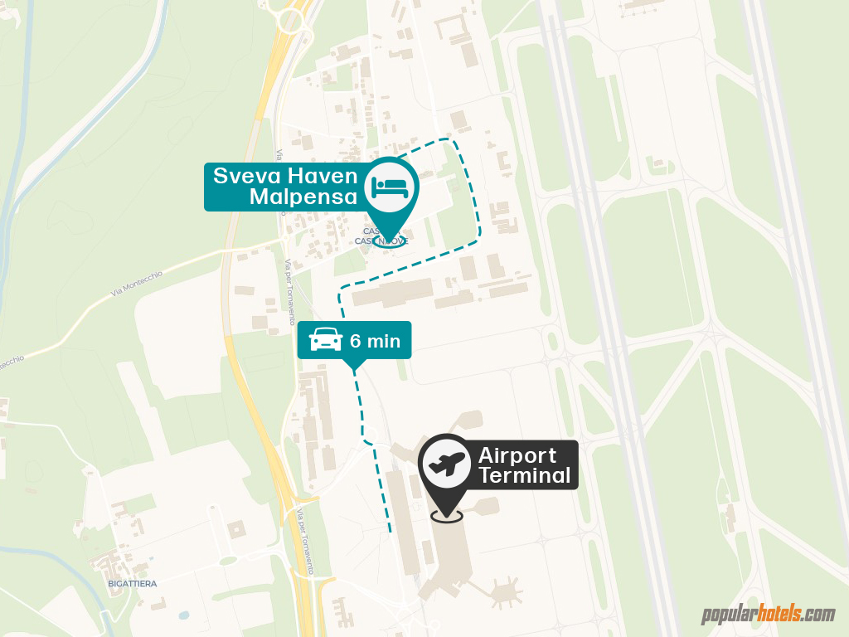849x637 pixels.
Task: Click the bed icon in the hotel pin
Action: tap(390, 187)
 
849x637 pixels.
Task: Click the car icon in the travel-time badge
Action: tap(326, 340)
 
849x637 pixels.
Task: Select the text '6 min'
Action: tap(375, 340)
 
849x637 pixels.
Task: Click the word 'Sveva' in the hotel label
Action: tap(245, 176)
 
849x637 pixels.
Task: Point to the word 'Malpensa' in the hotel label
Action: tap(303, 197)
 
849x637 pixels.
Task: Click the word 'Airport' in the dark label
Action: tap(517, 455)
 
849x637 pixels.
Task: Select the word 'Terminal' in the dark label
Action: tap(524, 476)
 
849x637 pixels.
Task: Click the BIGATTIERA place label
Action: tap(132, 584)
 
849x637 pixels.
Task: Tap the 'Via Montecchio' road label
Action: tap(137, 283)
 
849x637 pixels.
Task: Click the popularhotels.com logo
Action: tap(769, 615)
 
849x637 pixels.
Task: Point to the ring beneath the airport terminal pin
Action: tap(447, 516)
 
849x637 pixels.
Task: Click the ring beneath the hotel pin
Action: tap(390, 242)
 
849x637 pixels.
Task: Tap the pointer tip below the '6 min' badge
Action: tap(354, 369)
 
